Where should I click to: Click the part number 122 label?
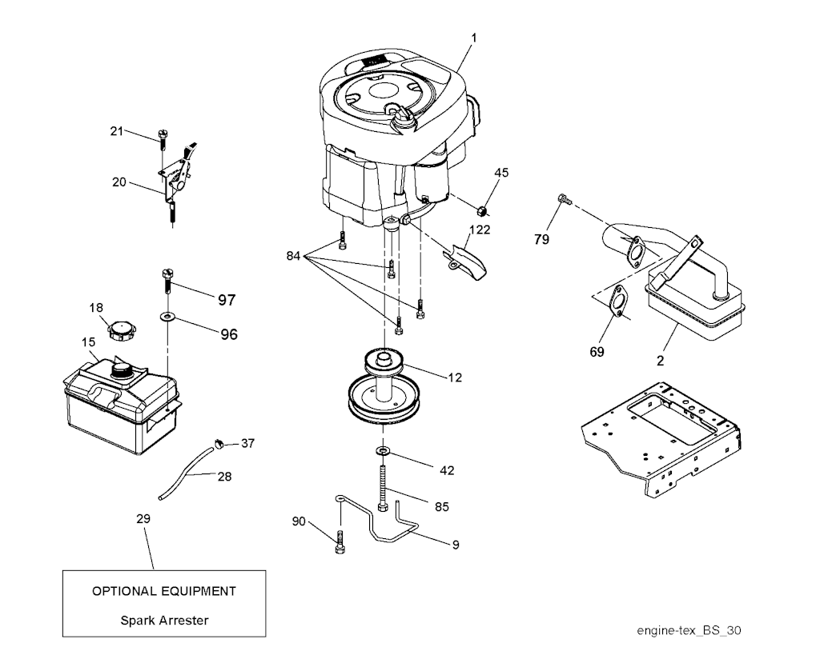480,230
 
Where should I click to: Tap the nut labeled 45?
482,210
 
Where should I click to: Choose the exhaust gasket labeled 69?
620,301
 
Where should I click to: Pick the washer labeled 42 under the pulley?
384,450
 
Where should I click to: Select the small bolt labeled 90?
340,541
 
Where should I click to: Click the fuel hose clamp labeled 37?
219,443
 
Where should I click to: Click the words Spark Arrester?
164,621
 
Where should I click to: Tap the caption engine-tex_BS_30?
689,630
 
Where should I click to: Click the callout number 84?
293,256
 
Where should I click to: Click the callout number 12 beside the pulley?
455,377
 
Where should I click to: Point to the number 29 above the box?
143,519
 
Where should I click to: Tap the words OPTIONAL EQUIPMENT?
164,591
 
